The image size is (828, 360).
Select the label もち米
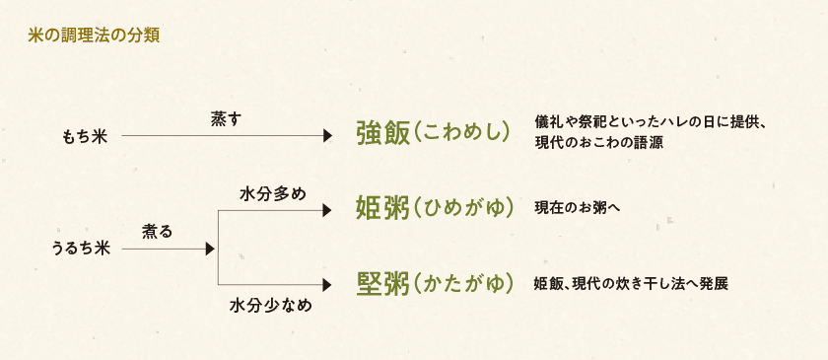click(x=85, y=136)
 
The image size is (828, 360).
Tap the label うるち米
click(x=80, y=249)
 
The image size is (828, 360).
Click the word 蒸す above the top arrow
click(x=226, y=117)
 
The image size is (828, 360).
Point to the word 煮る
click(x=158, y=231)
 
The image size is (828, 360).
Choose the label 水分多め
click(x=272, y=193)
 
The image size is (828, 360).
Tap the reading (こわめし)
click(x=460, y=134)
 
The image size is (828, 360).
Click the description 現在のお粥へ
click(x=577, y=208)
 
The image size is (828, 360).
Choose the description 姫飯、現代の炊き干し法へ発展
click(x=631, y=284)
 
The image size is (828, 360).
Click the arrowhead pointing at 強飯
click(x=327, y=135)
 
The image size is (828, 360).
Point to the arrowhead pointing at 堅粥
click(x=327, y=284)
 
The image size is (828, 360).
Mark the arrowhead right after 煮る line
click(x=209, y=249)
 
